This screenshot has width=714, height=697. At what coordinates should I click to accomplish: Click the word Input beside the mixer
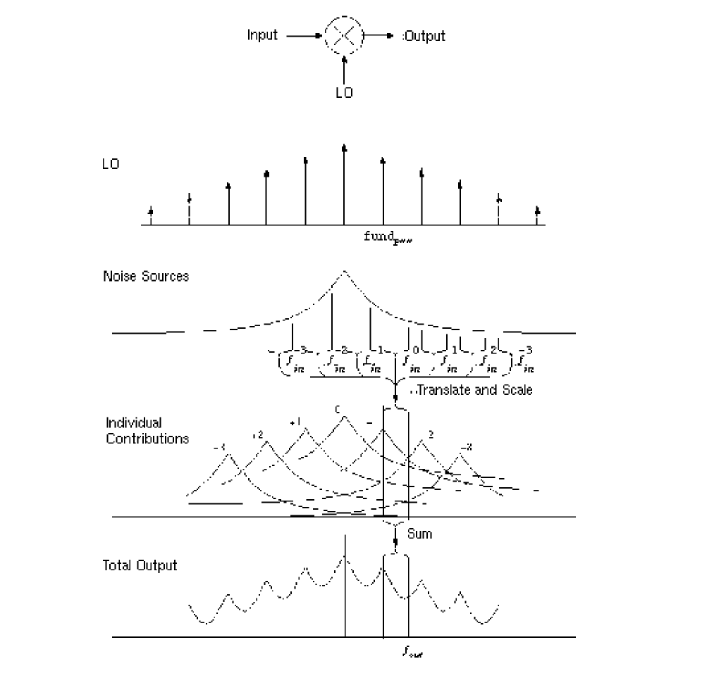(262, 34)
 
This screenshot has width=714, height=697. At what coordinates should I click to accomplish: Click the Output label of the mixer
(424, 35)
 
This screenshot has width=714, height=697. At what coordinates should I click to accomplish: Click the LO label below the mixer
(344, 93)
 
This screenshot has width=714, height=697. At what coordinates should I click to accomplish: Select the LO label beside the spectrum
(111, 164)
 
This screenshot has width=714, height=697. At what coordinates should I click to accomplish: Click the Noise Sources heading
(146, 276)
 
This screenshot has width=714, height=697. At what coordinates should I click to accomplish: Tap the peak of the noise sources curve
(344, 272)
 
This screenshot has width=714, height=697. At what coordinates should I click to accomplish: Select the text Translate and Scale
(474, 389)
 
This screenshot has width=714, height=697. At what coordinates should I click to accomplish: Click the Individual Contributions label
(147, 430)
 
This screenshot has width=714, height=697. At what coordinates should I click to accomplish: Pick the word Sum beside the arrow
(419, 534)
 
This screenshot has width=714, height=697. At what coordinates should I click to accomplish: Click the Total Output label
(140, 565)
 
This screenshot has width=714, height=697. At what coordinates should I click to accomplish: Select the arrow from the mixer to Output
(380, 34)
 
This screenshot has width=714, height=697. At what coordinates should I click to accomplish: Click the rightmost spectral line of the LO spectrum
(537, 216)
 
